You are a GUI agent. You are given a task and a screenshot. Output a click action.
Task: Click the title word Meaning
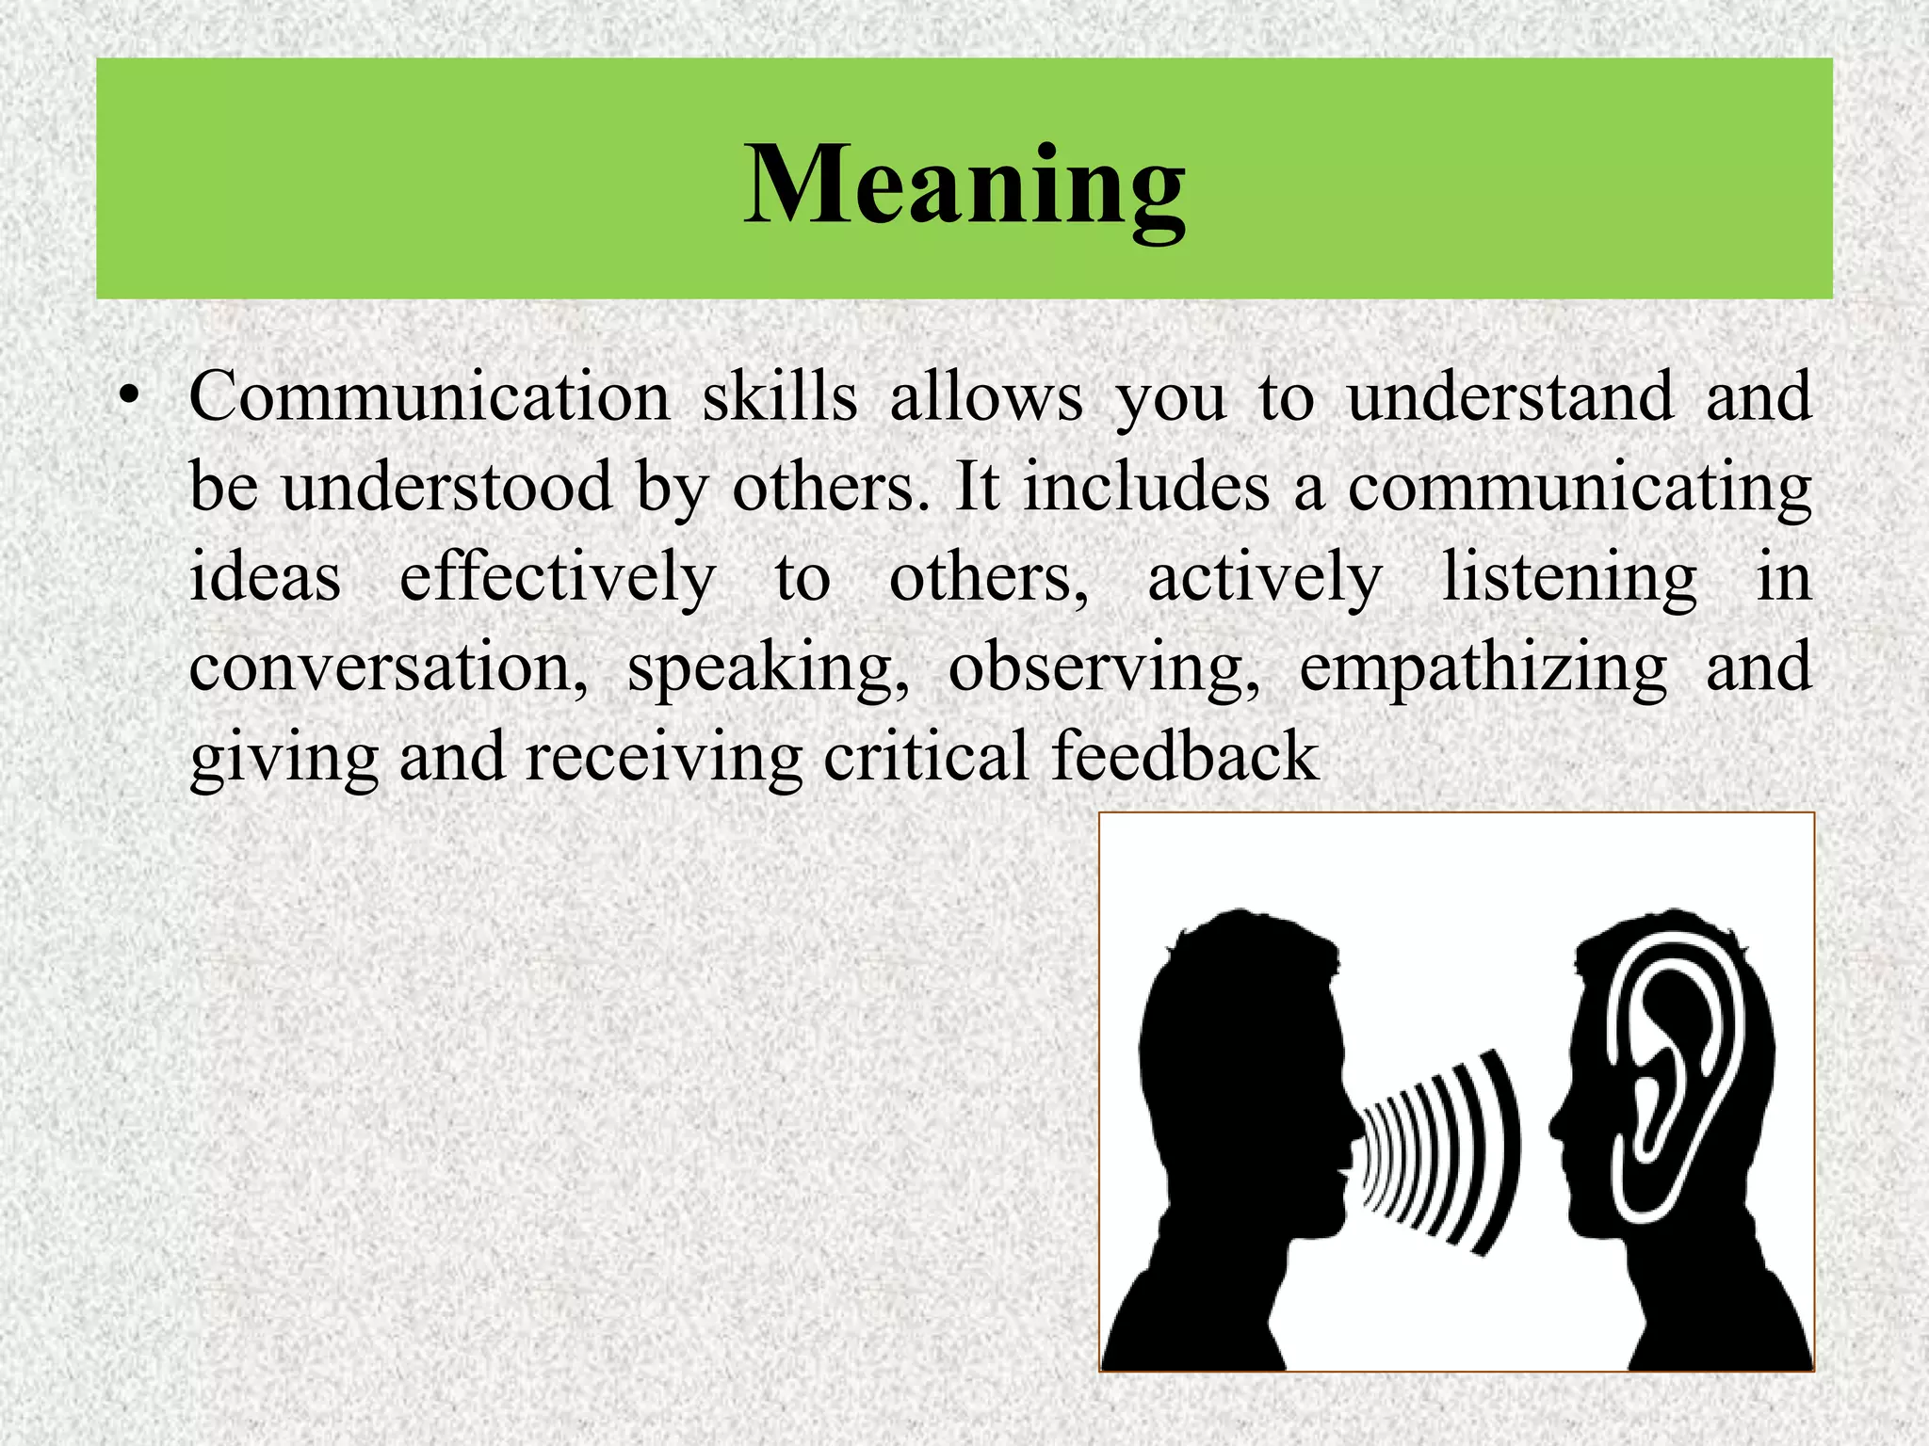pyautogui.click(x=964, y=185)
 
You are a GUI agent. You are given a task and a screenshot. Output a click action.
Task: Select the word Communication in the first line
pyautogui.click(x=430, y=397)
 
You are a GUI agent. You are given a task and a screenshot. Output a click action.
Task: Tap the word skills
pyautogui.click(x=780, y=397)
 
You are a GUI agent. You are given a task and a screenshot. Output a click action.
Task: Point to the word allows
pyautogui.click(x=986, y=397)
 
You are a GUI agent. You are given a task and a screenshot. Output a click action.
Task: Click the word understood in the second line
pyautogui.click(x=447, y=487)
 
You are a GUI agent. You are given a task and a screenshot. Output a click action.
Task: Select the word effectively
pyautogui.click(x=558, y=577)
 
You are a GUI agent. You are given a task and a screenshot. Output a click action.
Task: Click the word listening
pyautogui.click(x=1569, y=577)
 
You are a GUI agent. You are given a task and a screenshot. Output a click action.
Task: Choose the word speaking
pyautogui.click(x=769, y=668)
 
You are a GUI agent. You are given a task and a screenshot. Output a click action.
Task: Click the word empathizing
pyautogui.click(x=1483, y=668)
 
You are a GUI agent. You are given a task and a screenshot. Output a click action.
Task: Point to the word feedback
pyautogui.click(x=1184, y=755)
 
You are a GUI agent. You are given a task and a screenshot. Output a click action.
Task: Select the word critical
pyautogui.click(x=926, y=755)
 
